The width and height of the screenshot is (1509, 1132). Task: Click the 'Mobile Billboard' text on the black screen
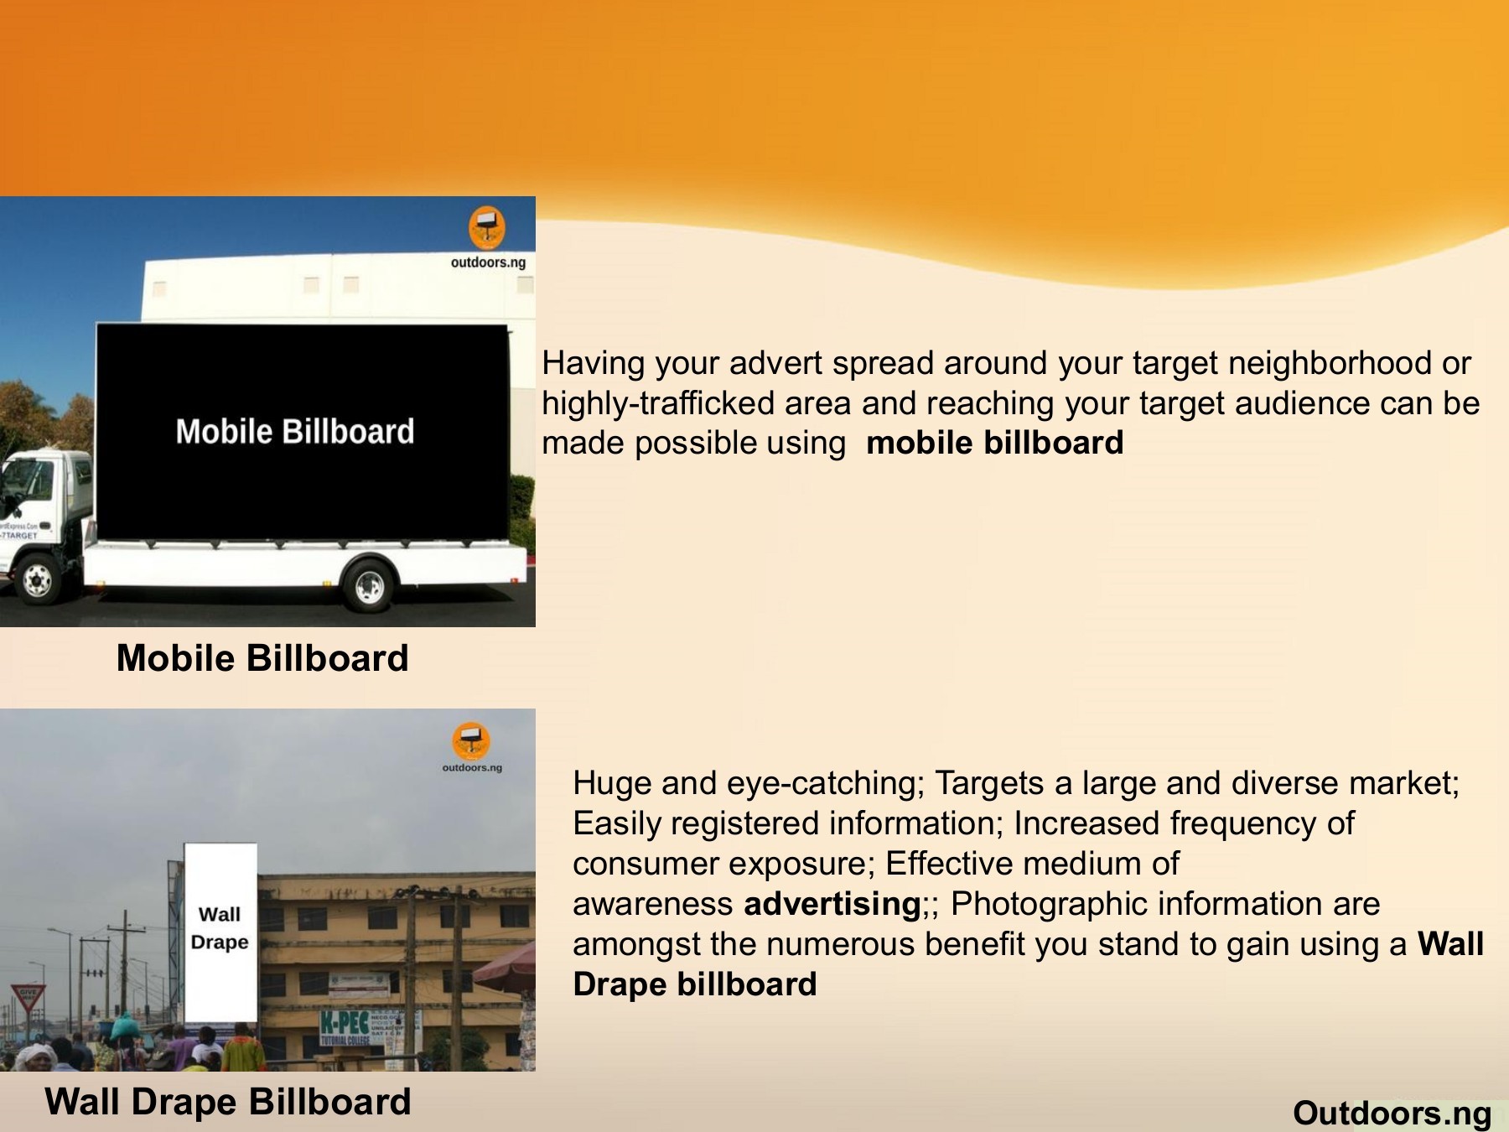(x=295, y=431)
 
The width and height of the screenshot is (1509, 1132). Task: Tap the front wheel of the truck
(x=37, y=579)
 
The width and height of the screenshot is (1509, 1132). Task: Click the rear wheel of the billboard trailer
(x=369, y=586)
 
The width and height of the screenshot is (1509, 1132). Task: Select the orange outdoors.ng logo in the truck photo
(x=486, y=227)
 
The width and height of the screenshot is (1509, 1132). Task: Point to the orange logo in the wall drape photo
(x=471, y=740)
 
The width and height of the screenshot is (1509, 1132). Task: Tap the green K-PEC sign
(x=345, y=1024)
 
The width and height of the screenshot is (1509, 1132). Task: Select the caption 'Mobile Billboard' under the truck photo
(x=262, y=658)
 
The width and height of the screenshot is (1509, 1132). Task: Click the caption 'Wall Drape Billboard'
(x=228, y=1102)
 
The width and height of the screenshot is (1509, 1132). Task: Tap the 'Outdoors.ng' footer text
(x=1392, y=1113)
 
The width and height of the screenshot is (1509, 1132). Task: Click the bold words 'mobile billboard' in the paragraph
(x=994, y=443)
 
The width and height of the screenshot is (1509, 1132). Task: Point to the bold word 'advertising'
(x=832, y=904)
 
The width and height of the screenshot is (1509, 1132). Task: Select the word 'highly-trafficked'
(x=658, y=403)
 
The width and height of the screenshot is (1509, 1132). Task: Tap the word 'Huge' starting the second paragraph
(x=611, y=783)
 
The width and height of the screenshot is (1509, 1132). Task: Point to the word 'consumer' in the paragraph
(x=638, y=864)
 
